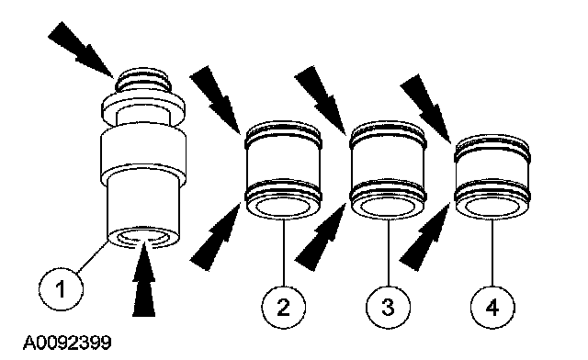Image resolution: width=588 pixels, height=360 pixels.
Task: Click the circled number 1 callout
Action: [x=62, y=288]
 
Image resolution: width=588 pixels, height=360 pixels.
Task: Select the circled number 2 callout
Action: [x=284, y=307]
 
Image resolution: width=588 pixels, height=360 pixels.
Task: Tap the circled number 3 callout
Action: [x=388, y=307]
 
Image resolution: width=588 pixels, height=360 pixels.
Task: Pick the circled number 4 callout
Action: [x=492, y=307]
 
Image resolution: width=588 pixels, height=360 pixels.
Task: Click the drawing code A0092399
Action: [x=67, y=343]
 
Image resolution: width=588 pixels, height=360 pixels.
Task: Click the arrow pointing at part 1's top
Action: [x=81, y=50]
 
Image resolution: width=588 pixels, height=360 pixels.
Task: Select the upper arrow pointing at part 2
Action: [x=215, y=100]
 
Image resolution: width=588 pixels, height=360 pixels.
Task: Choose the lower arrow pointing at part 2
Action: [x=215, y=236]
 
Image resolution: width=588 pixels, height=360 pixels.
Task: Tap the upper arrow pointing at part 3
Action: [x=320, y=100]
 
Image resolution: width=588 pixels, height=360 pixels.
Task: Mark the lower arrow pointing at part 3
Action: [x=321, y=236]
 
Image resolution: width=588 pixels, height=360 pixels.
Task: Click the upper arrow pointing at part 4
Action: [x=425, y=108]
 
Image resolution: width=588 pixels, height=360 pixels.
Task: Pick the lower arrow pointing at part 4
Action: [x=424, y=236]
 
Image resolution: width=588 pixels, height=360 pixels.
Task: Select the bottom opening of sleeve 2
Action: [x=283, y=207]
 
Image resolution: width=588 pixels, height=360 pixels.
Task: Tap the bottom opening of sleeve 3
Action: [x=388, y=207]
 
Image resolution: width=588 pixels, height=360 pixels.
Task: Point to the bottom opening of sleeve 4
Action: [x=492, y=207]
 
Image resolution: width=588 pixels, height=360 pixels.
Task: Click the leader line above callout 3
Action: [x=389, y=253]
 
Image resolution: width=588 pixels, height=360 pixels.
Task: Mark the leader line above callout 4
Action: [x=492, y=253]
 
